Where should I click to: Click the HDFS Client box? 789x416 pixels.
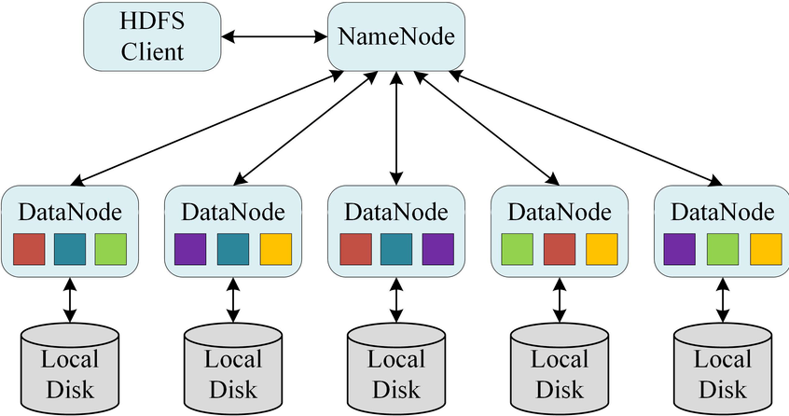152,36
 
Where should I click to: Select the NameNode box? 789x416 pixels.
396,36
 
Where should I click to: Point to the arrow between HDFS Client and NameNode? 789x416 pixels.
274,36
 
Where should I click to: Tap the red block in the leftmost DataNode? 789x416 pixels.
29,249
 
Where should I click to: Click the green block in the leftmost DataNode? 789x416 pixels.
111,249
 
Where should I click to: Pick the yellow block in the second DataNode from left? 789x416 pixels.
276,249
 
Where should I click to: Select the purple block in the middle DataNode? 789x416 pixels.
437,249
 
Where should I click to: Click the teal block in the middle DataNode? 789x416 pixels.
396,249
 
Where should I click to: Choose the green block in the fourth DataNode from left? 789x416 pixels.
518,249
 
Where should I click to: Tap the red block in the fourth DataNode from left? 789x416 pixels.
560,249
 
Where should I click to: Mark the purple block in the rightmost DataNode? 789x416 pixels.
679,249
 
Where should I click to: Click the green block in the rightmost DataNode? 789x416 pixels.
723,249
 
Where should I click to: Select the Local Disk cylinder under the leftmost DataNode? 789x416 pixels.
70,368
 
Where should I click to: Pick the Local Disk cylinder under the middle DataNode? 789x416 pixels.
396,368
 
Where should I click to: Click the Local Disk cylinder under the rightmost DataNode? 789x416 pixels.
723,368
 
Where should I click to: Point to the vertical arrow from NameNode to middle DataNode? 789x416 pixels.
396,129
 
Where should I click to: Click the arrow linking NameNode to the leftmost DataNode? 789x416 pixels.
206,128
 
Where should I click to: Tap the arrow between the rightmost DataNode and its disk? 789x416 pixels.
723,299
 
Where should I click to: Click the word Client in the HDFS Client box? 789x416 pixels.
152,52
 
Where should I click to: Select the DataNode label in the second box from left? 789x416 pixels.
233,213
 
